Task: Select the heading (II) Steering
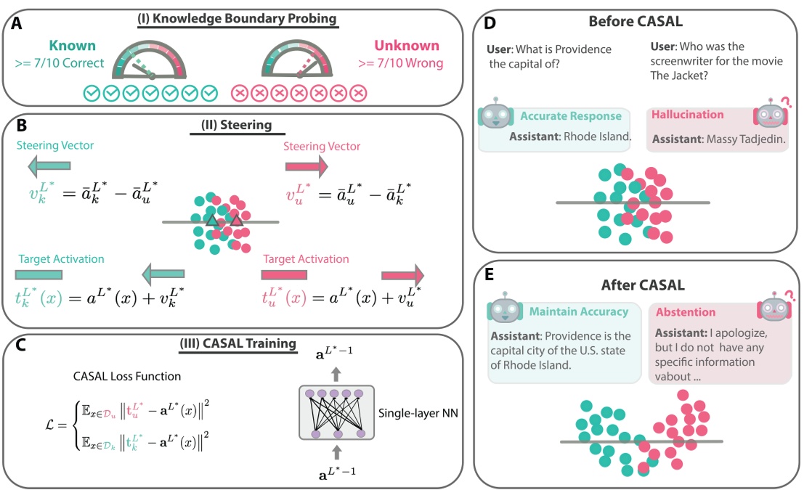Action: (231, 125)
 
